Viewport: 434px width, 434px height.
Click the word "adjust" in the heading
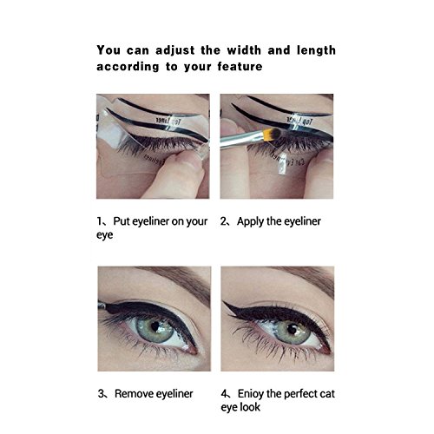(175, 51)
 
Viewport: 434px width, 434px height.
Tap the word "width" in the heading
(244, 50)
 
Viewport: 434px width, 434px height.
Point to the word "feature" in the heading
(240, 67)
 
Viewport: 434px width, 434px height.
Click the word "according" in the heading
(128, 67)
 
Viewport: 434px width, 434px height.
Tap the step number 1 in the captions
(99, 221)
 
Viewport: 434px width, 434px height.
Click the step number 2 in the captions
(223, 221)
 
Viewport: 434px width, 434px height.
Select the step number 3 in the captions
(101, 394)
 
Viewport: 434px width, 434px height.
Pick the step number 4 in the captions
(225, 394)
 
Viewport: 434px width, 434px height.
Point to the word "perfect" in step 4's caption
(299, 394)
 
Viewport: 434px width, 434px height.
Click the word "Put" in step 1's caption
(120, 221)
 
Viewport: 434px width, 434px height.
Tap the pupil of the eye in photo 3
(155, 326)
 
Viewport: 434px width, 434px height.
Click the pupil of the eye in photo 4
(292, 330)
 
